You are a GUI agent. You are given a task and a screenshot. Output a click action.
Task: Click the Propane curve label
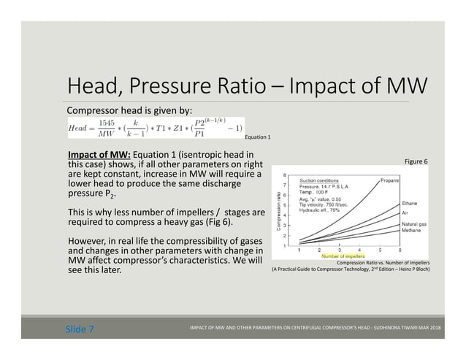[389, 180]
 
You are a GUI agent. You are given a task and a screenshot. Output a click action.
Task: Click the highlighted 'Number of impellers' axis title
[342, 256]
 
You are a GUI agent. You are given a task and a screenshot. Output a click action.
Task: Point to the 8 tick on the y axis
[285, 175]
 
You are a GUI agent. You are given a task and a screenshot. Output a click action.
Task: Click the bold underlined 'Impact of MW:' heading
[99, 155]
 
